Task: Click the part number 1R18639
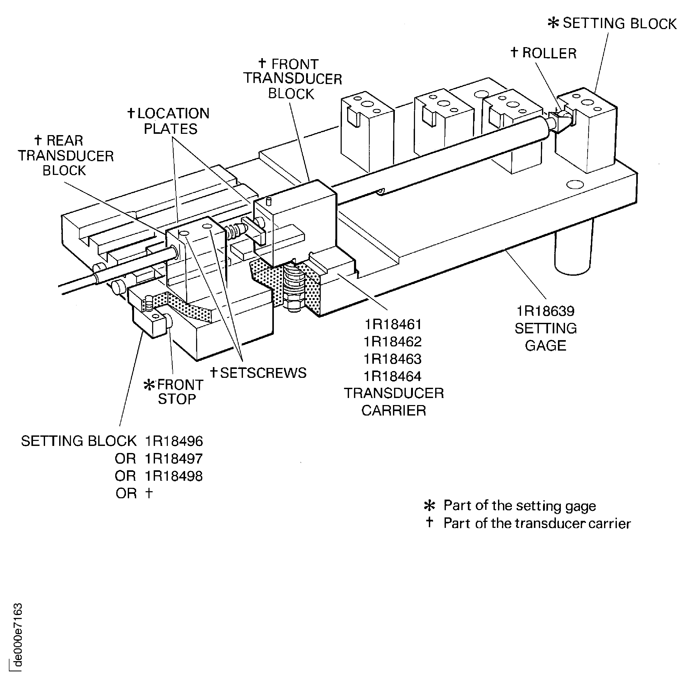tap(545, 311)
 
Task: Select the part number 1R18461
tap(393, 324)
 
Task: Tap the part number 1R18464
tap(393, 376)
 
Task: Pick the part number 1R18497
tap(174, 458)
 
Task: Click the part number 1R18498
tap(174, 476)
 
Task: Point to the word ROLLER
tap(549, 53)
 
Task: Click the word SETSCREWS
tap(263, 373)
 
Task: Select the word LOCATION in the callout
tap(173, 114)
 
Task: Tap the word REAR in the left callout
tap(65, 141)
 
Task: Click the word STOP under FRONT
tap(177, 399)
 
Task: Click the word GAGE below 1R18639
tap(545, 346)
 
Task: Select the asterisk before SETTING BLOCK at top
tap(553, 24)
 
